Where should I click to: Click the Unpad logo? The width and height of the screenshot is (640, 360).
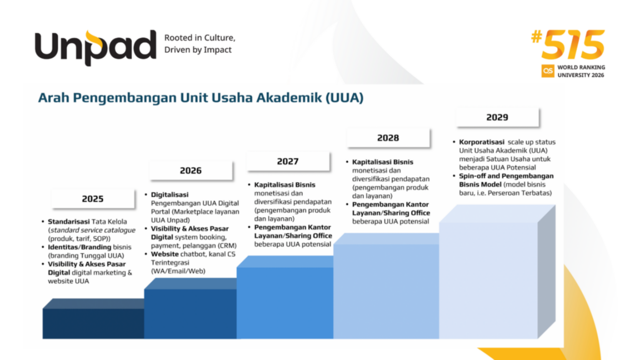click(95, 48)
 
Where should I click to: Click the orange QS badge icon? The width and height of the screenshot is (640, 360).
click(548, 71)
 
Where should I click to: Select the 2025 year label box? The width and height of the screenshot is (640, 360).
click(93, 199)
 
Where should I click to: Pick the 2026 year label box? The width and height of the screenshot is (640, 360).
click(191, 171)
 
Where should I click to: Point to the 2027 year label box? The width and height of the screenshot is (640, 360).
click(288, 161)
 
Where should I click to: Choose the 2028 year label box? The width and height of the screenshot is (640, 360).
click(388, 138)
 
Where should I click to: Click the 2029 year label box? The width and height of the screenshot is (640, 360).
click(497, 117)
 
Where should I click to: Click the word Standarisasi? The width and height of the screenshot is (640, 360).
click(69, 222)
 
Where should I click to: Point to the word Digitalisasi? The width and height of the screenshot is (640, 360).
click(170, 195)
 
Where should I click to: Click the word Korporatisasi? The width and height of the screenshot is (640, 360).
click(482, 142)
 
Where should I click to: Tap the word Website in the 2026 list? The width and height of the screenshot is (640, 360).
click(165, 254)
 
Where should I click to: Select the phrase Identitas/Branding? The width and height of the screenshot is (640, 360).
click(79, 247)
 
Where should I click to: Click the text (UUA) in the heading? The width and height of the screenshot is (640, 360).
click(344, 98)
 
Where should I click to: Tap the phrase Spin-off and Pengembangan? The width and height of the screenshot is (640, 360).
click(506, 176)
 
